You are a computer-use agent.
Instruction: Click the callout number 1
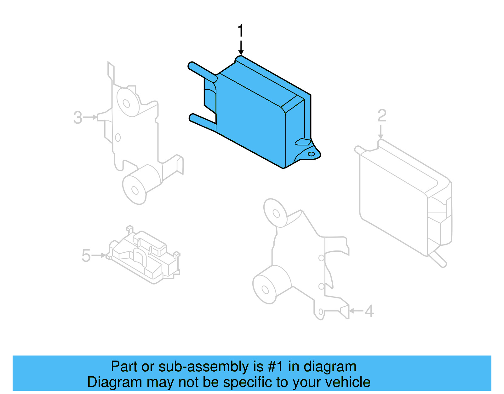click(240, 31)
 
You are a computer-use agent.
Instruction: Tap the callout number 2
click(382, 116)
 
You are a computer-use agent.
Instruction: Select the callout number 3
click(77, 118)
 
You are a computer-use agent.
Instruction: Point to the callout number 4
click(369, 311)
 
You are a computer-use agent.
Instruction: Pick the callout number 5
click(86, 256)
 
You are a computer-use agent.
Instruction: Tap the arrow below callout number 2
click(381, 132)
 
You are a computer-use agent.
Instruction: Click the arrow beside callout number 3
click(91, 117)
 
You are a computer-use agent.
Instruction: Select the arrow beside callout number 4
click(356, 311)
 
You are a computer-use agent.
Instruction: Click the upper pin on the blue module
click(202, 71)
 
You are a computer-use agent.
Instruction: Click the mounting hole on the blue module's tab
click(311, 154)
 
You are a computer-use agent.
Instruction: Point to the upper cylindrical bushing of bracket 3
click(128, 102)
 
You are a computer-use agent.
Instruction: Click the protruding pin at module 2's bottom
click(439, 259)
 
